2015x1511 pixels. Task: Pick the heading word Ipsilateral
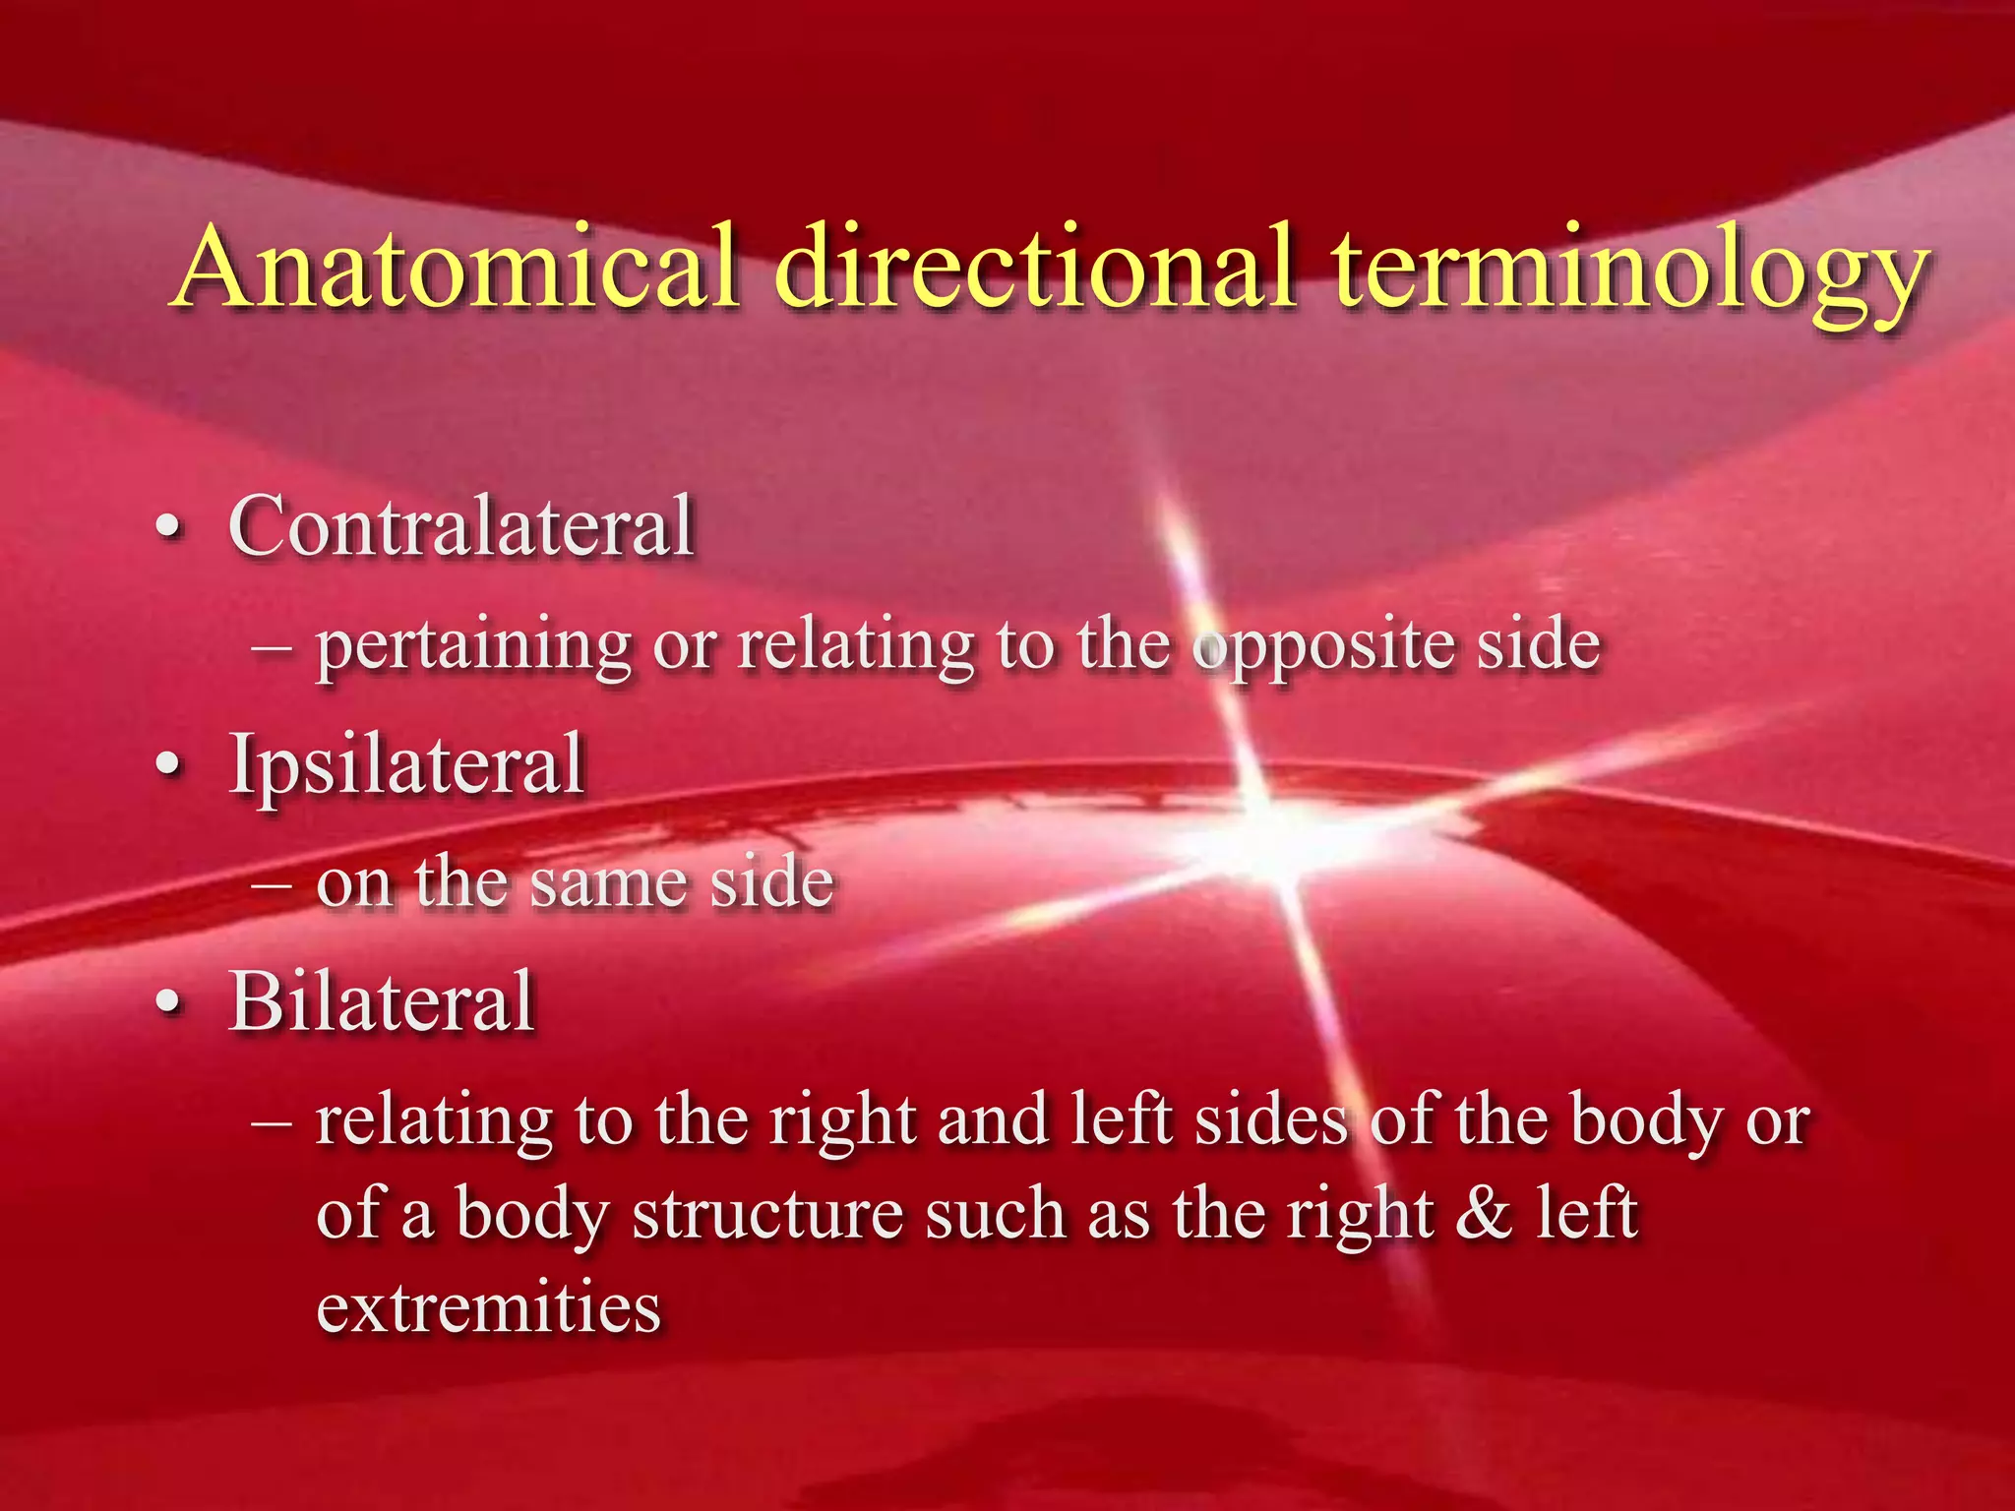coord(407,765)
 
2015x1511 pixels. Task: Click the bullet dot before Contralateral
coord(170,528)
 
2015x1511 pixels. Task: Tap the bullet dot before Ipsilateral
coord(170,766)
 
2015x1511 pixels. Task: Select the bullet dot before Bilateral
coord(170,1002)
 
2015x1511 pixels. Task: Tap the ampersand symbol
coord(1485,1212)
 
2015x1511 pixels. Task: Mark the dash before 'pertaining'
coord(271,647)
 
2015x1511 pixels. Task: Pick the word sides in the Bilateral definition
coord(1270,1120)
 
